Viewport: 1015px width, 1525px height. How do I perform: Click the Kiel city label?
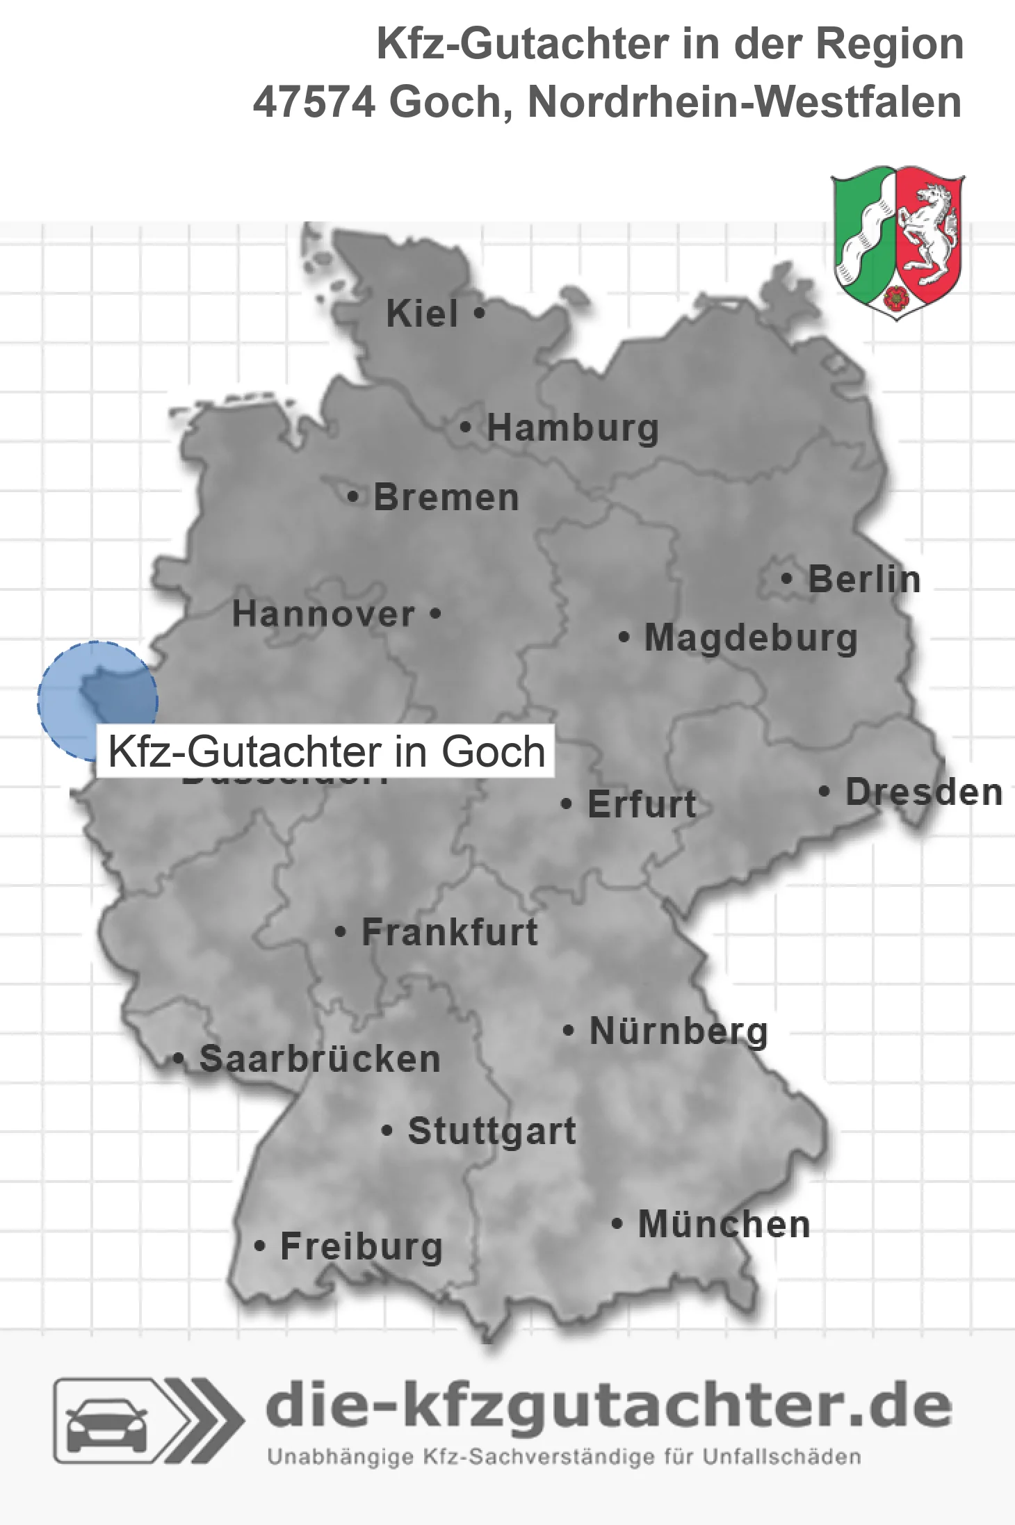pos(422,314)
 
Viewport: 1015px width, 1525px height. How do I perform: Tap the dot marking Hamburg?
pos(465,427)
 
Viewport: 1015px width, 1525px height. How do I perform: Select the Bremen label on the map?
pos(446,498)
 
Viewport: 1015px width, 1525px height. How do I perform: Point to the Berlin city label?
pos(864,580)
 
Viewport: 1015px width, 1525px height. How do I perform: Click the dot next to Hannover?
pos(436,614)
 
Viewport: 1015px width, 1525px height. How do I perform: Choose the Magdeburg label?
pos(751,638)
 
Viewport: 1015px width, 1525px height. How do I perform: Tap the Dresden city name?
pos(924,792)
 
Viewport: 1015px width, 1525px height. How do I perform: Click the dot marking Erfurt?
pos(567,804)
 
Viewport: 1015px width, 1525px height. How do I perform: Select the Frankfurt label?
pos(450,932)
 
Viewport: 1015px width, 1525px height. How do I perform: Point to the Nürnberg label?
pos(679,1031)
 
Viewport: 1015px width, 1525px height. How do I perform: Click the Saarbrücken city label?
pos(320,1059)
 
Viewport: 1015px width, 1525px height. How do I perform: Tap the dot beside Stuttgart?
pos(387,1131)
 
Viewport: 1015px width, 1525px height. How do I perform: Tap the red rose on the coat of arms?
pos(897,297)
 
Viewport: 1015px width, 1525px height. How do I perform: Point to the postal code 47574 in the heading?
pos(314,102)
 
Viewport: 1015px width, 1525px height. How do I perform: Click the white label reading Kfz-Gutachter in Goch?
pos(326,751)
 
